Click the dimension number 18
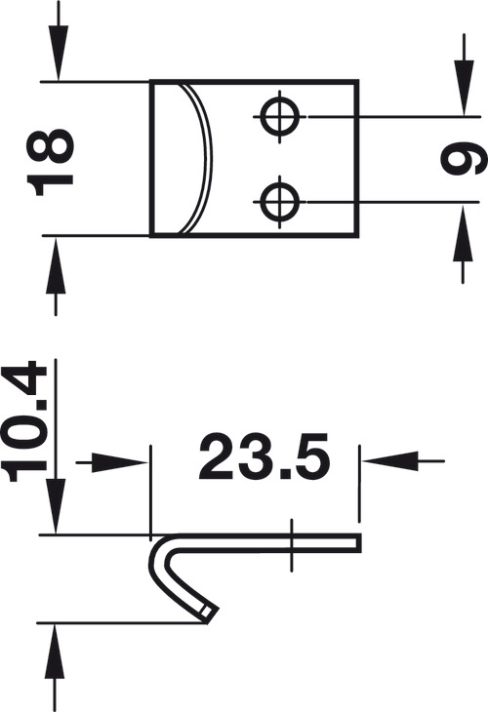51,162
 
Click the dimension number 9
464,158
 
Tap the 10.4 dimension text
24,421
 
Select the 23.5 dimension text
264,456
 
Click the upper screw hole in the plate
280,117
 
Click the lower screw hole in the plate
280,201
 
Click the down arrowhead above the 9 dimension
464,88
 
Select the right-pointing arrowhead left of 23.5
120,462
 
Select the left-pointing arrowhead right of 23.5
390,461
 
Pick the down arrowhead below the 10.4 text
56,506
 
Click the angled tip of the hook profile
210,613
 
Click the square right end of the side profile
358,543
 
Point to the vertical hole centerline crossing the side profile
292,545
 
